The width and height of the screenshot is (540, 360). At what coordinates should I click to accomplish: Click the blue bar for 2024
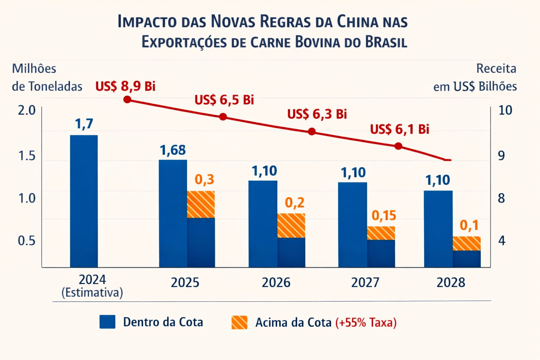tap(84, 201)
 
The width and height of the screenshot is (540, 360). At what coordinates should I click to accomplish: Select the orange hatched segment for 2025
tap(201, 204)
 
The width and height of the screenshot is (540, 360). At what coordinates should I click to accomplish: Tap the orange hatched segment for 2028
tap(467, 243)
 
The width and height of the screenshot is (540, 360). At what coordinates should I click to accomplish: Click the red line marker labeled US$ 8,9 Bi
tap(127, 99)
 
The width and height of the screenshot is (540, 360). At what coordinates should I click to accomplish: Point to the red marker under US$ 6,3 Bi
tap(311, 131)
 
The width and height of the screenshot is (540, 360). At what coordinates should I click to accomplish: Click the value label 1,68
tap(173, 150)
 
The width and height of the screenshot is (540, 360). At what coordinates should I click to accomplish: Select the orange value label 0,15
tap(384, 216)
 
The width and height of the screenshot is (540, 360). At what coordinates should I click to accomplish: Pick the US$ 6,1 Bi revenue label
tap(399, 129)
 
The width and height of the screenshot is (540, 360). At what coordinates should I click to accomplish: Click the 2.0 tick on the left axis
tap(27, 110)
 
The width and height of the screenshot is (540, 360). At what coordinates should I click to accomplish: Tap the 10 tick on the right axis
tap(505, 110)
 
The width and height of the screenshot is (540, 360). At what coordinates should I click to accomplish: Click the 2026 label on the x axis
tap(276, 283)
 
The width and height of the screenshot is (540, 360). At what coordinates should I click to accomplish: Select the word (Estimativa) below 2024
tap(92, 293)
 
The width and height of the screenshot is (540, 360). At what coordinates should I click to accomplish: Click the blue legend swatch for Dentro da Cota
tap(107, 322)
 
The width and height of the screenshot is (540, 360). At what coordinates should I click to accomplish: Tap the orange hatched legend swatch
tap(239, 322)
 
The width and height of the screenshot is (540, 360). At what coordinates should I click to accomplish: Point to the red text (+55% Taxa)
tap(366, 322)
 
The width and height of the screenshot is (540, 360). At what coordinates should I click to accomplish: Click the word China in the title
tap(357, 22)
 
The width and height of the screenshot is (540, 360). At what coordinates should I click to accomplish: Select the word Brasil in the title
tap(386, 42)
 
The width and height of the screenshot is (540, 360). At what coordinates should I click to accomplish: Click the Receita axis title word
tap(496, 69)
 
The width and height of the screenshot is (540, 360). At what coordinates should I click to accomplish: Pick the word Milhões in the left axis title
tap(34, 69)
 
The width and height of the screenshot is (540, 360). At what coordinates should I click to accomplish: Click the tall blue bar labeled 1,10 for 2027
tap(352, 225)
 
